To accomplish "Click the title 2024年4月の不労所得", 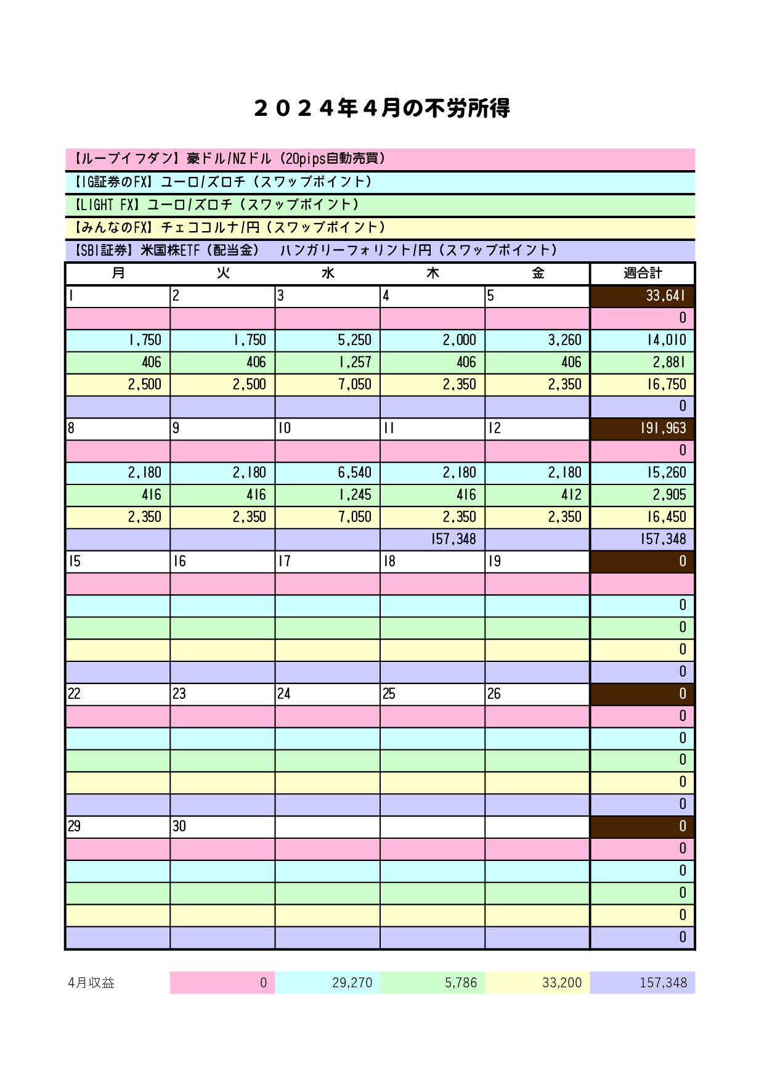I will (x=381, y=108).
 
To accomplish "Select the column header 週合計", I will (x=642, y=273).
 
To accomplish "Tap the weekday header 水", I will (x=328, y=273).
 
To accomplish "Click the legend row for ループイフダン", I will (x=380, y=159).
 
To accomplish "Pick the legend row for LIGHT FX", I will (x=380, y=205).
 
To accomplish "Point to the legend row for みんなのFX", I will (x=380, y=227).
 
